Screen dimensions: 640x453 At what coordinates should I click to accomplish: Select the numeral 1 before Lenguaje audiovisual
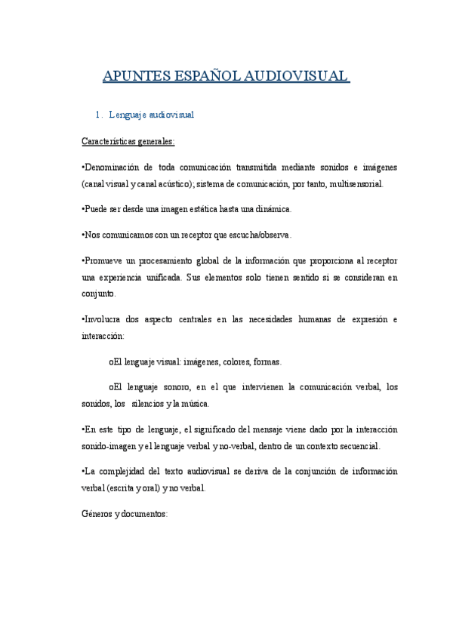point(97,115)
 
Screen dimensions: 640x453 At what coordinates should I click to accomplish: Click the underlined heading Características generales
point(128,141)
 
